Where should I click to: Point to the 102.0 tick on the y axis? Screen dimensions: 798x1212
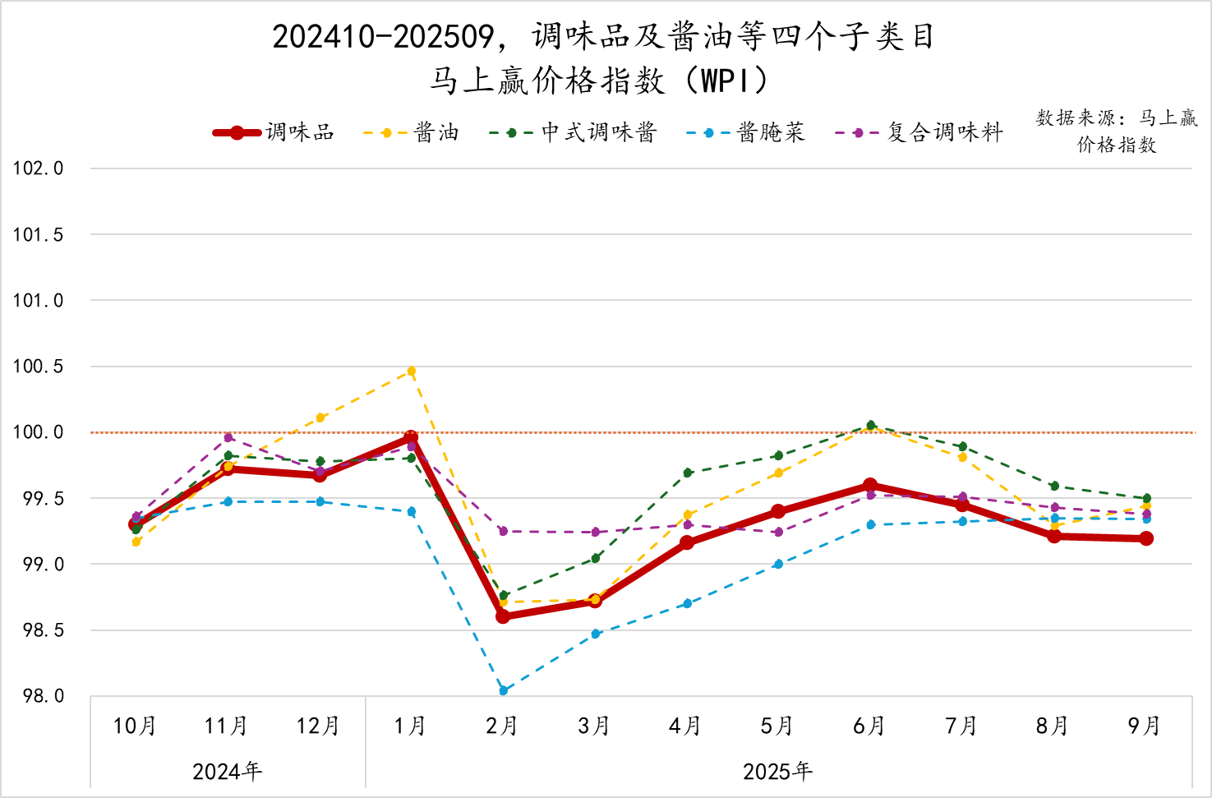click(38, 168)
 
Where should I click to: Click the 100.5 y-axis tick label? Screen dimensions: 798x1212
click(38, 367)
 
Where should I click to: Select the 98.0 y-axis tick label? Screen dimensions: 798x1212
click(43, 696)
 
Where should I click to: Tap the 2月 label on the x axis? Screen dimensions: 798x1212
click(501, 726)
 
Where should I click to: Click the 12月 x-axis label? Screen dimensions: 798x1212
click(318, 726)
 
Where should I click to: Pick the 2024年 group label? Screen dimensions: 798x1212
click(227, 772)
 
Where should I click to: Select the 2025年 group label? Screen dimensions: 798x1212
click(777, 772)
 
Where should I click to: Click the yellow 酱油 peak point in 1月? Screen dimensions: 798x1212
click(412, 371)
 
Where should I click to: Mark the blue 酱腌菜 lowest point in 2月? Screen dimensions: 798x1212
click(504, 690)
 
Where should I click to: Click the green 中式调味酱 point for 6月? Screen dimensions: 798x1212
click(871, 425)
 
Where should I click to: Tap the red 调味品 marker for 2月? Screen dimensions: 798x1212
click(503, 616)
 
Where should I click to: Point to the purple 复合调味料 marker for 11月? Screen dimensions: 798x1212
click(228, 437)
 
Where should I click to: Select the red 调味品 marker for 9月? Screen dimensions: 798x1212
click(1146, 538)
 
